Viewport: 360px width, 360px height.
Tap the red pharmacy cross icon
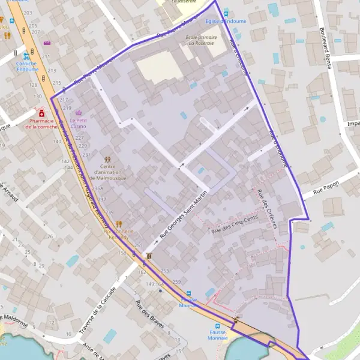click(x=41, y=112)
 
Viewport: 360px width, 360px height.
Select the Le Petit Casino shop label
click(x=78, y=123)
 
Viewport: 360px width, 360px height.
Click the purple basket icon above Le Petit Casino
click(x=78, y=112)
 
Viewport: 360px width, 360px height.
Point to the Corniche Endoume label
click(x=26, y=66)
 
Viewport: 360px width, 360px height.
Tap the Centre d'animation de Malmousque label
click(x=108, y=172)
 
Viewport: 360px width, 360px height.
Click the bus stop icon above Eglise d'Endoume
click(x=226, y=13)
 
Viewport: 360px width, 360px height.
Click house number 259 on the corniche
click(x=176, y=281)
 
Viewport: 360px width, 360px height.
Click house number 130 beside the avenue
click(x=37, y=96)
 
